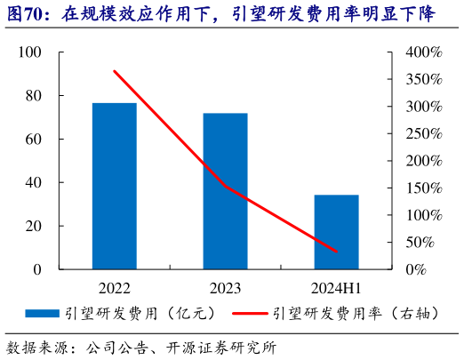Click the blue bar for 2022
coord(115,186)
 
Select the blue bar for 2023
coord(226,191)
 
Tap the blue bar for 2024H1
coord(336,232)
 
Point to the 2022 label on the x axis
coord(115,288)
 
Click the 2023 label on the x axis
coord(226,288)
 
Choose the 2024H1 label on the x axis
coord(336,288)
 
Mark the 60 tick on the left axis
coord(33,140)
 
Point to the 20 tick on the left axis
coord(33,226)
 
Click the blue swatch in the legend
coord(42,313)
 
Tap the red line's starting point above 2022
coord(115,71)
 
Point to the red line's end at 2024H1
coord(336,252)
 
